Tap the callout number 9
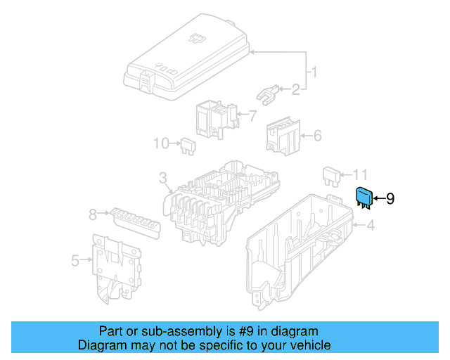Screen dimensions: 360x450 point(390,199)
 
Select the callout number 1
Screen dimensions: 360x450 point(316,72)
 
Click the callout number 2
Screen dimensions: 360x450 point(296,89)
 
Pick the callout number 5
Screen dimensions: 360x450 point(75,261)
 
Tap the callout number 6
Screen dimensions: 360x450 point(316,134)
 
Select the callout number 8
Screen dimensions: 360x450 point(92,212)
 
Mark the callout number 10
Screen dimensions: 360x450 point(162,143)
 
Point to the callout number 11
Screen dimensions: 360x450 point(361,174)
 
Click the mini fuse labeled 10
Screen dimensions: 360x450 point(187,145)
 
